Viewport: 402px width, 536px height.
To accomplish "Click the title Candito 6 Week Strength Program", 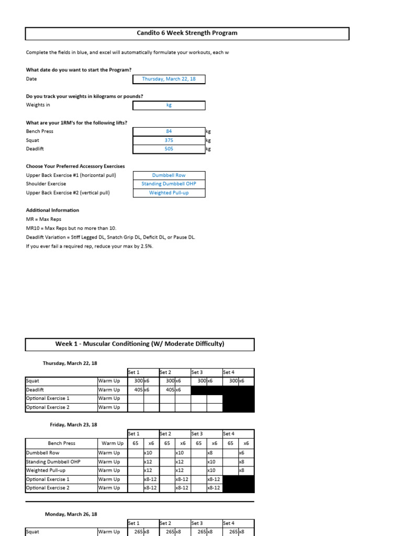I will [187, 33].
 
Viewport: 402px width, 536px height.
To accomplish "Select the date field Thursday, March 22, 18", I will [169, 79].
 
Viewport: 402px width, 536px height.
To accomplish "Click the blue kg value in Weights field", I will [169, 105].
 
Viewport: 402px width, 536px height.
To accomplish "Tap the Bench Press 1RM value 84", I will [169, 131].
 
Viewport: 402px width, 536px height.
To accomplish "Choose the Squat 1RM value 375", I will [169, 140].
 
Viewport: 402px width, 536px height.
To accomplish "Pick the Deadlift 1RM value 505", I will [169, 149].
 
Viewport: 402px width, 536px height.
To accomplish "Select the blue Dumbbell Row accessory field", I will [169, 175].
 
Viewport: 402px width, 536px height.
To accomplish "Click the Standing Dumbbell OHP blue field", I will [169, 184].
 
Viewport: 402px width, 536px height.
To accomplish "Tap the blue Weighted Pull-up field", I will [169, 193].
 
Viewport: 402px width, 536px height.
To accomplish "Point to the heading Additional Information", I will [52, 210].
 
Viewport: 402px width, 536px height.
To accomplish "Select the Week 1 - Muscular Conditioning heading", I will [140, 344].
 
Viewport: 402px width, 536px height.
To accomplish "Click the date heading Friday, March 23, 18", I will [73, 425].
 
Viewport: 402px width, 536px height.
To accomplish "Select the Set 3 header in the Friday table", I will [197, 434].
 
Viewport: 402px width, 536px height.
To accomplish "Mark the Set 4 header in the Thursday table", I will [229, 372].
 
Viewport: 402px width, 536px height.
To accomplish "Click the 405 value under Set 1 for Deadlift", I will [139, 390].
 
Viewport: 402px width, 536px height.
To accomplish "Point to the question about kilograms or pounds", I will [84, 96].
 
